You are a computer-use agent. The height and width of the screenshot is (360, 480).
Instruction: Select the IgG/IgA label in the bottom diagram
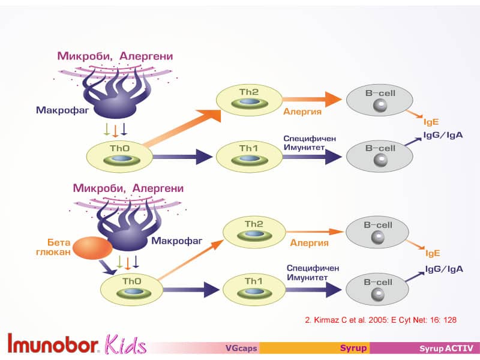point(444,269)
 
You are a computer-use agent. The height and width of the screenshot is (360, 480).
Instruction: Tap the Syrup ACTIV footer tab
point(446,348)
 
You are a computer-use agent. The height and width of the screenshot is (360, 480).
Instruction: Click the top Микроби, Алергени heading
point(115,56)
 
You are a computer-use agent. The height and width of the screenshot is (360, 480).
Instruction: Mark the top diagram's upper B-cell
point(379,99)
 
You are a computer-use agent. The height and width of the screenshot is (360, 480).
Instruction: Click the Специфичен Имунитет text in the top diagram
point(309,142)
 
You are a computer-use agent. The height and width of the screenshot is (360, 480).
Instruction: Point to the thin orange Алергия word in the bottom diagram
point(309,243)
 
